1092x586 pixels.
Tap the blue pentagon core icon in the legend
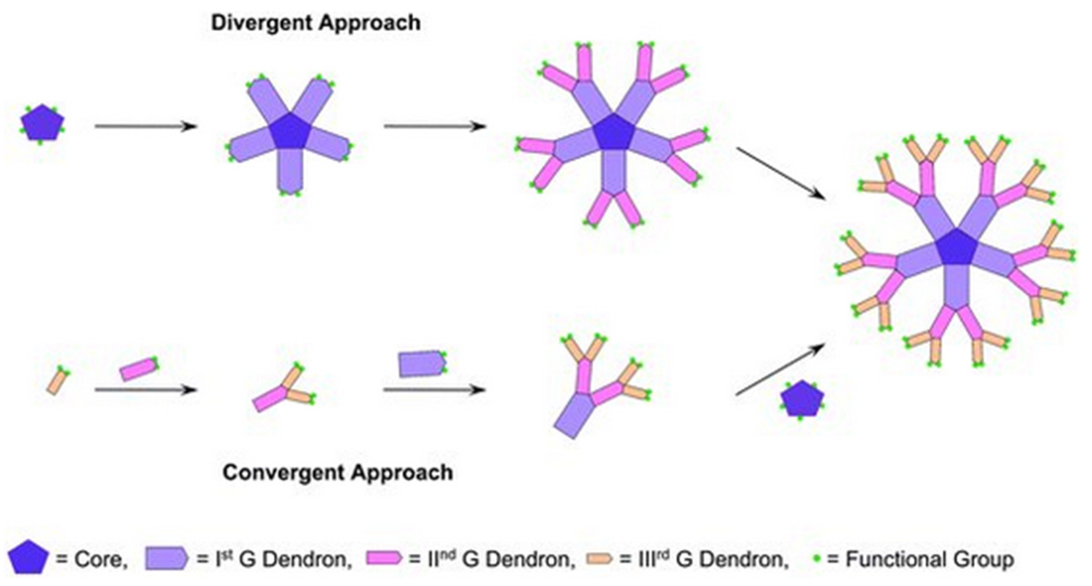pyautogui.click(x=28, y=558)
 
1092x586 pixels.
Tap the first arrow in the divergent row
pyautogui.click(x=145, y=126)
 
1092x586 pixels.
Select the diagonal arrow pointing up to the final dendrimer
pyautogui.click(x=780, y=369)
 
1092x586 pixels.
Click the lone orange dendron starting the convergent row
pyautogui.click(x=58, y=381)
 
